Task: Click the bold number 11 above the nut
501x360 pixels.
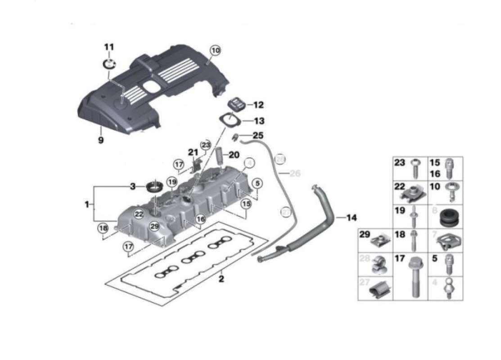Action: (109, 47)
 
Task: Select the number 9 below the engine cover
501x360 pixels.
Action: (101, 140)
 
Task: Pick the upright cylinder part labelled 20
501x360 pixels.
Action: (219, 156)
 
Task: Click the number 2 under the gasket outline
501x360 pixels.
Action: (221, 279)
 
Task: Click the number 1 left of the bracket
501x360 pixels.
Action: (86, 205)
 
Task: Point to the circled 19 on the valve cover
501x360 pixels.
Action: (171, 182)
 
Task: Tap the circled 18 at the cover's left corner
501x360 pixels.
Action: (104, 228)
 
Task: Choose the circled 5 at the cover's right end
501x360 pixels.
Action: (257, 183)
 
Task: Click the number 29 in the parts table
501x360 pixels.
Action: (365, 234)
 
